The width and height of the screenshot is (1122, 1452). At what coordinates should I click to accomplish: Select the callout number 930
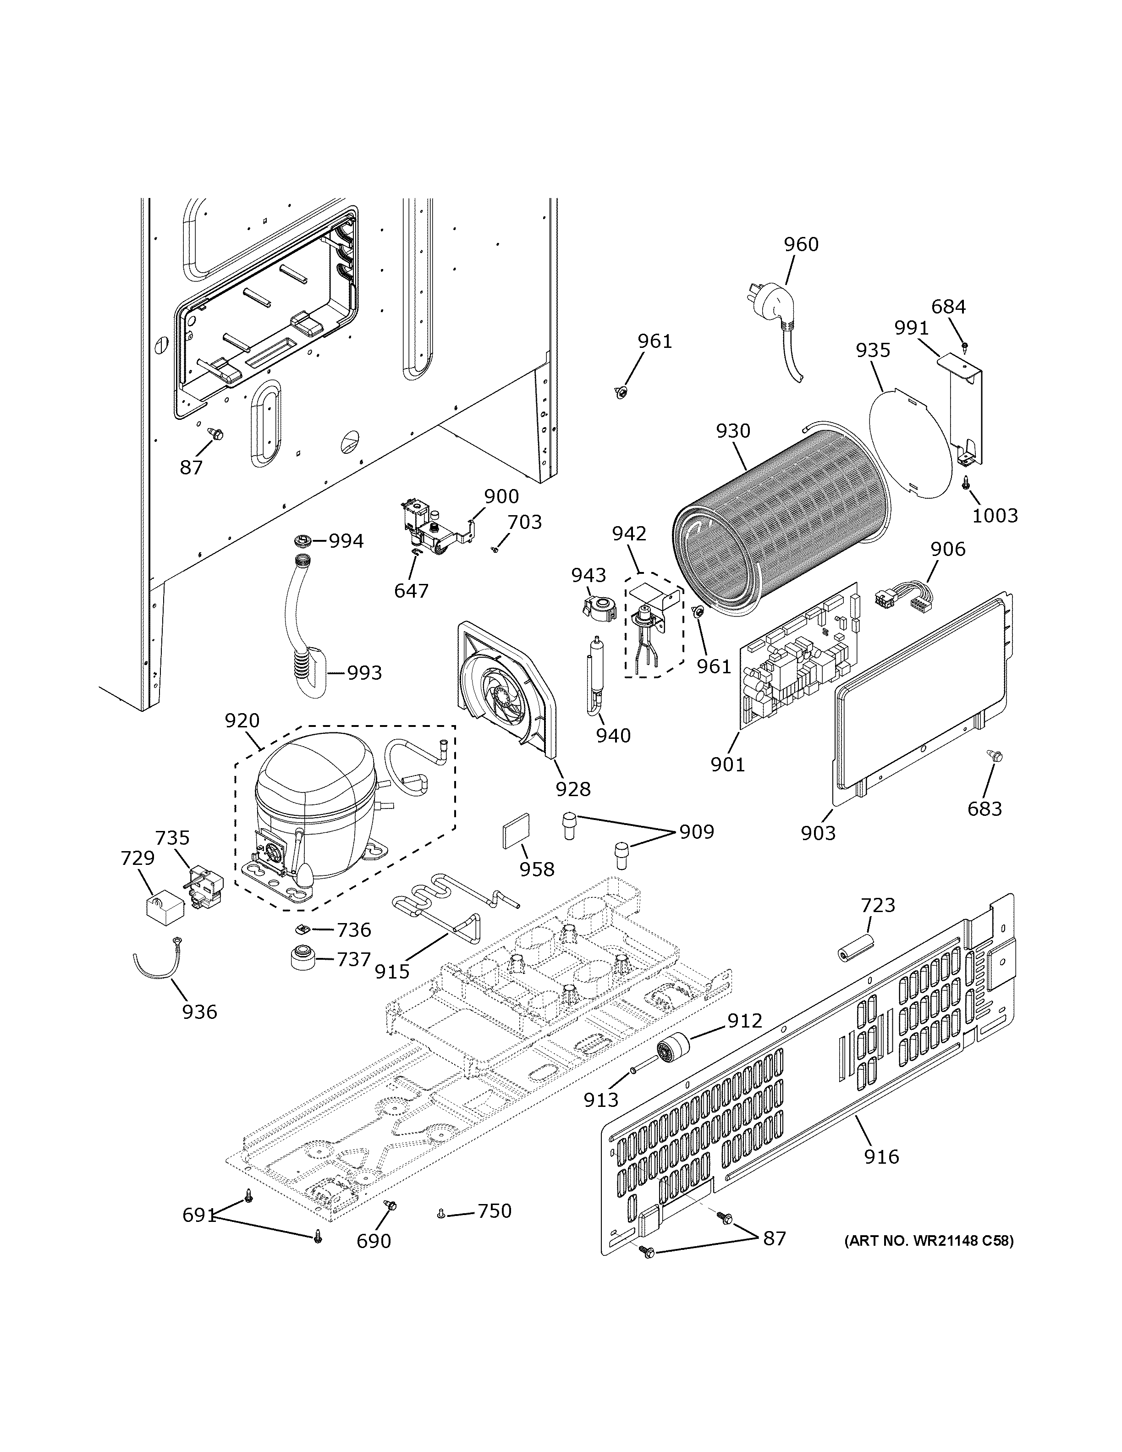pyautogui.click(x=733, y=431)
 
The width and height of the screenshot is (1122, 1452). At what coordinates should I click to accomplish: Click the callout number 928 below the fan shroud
pyautogui.click(x=573, y=789)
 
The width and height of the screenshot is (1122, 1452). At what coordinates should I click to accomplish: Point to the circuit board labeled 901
pyautogui.click(x=797, y=658)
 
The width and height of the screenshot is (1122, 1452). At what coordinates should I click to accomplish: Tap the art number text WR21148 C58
pyautogui.click(x=929, y=1241)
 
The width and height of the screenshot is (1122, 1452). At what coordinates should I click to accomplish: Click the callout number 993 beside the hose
pyautogui.click(x=365, y=673)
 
